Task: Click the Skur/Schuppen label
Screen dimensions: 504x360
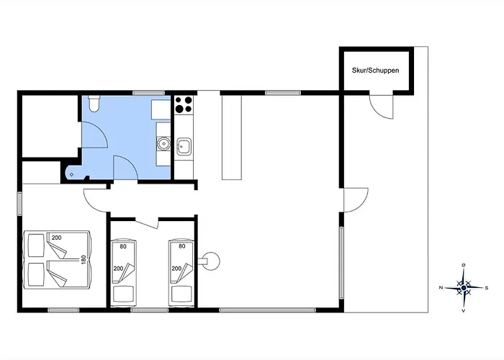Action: pyautogui.click(x=375, y=71)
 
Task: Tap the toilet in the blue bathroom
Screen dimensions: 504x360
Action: pyautogui.click(x=94, y=104)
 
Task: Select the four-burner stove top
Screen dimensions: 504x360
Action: pyautogui.click(x=184, y=105)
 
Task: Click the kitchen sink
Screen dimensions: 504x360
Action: pyautogui.click(x=184, y=146)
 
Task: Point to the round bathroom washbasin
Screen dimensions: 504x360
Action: pyautogui.click(x=163, y=143)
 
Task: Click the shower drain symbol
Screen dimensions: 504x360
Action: pyautogui.click(x=71, y=174)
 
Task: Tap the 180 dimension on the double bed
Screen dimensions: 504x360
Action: pyautogui.click(x=84, y=260)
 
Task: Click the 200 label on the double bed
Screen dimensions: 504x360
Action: pyautogui.click(x=57, y=238)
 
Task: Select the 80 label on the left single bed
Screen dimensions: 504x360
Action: pyautogui.click(x=123, y=246)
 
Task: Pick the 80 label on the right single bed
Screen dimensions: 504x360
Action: pyautogui.click(x=182, y=246)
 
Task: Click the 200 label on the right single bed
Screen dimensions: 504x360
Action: pyautogui.click(x=176, y=269)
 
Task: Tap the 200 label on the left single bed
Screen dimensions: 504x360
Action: pyautogui.click(x=118, y=269)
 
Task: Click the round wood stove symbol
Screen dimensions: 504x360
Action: pyautogui.click(x=211, y=261)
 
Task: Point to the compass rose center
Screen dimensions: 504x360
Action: pyautogui.click(x=464, y=287)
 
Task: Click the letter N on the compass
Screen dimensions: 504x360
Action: pyautogui.click(x=441, y=288)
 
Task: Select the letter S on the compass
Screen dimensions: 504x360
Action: pyautogui.click(x=487, y=288)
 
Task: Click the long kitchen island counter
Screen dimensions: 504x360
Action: pyautogui.click(x=231, y=138)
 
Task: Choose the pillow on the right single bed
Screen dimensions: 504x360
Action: pyautogui.click(x=181, y=294)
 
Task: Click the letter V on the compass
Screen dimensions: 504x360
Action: pyautogui.click(x=464, y=311)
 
